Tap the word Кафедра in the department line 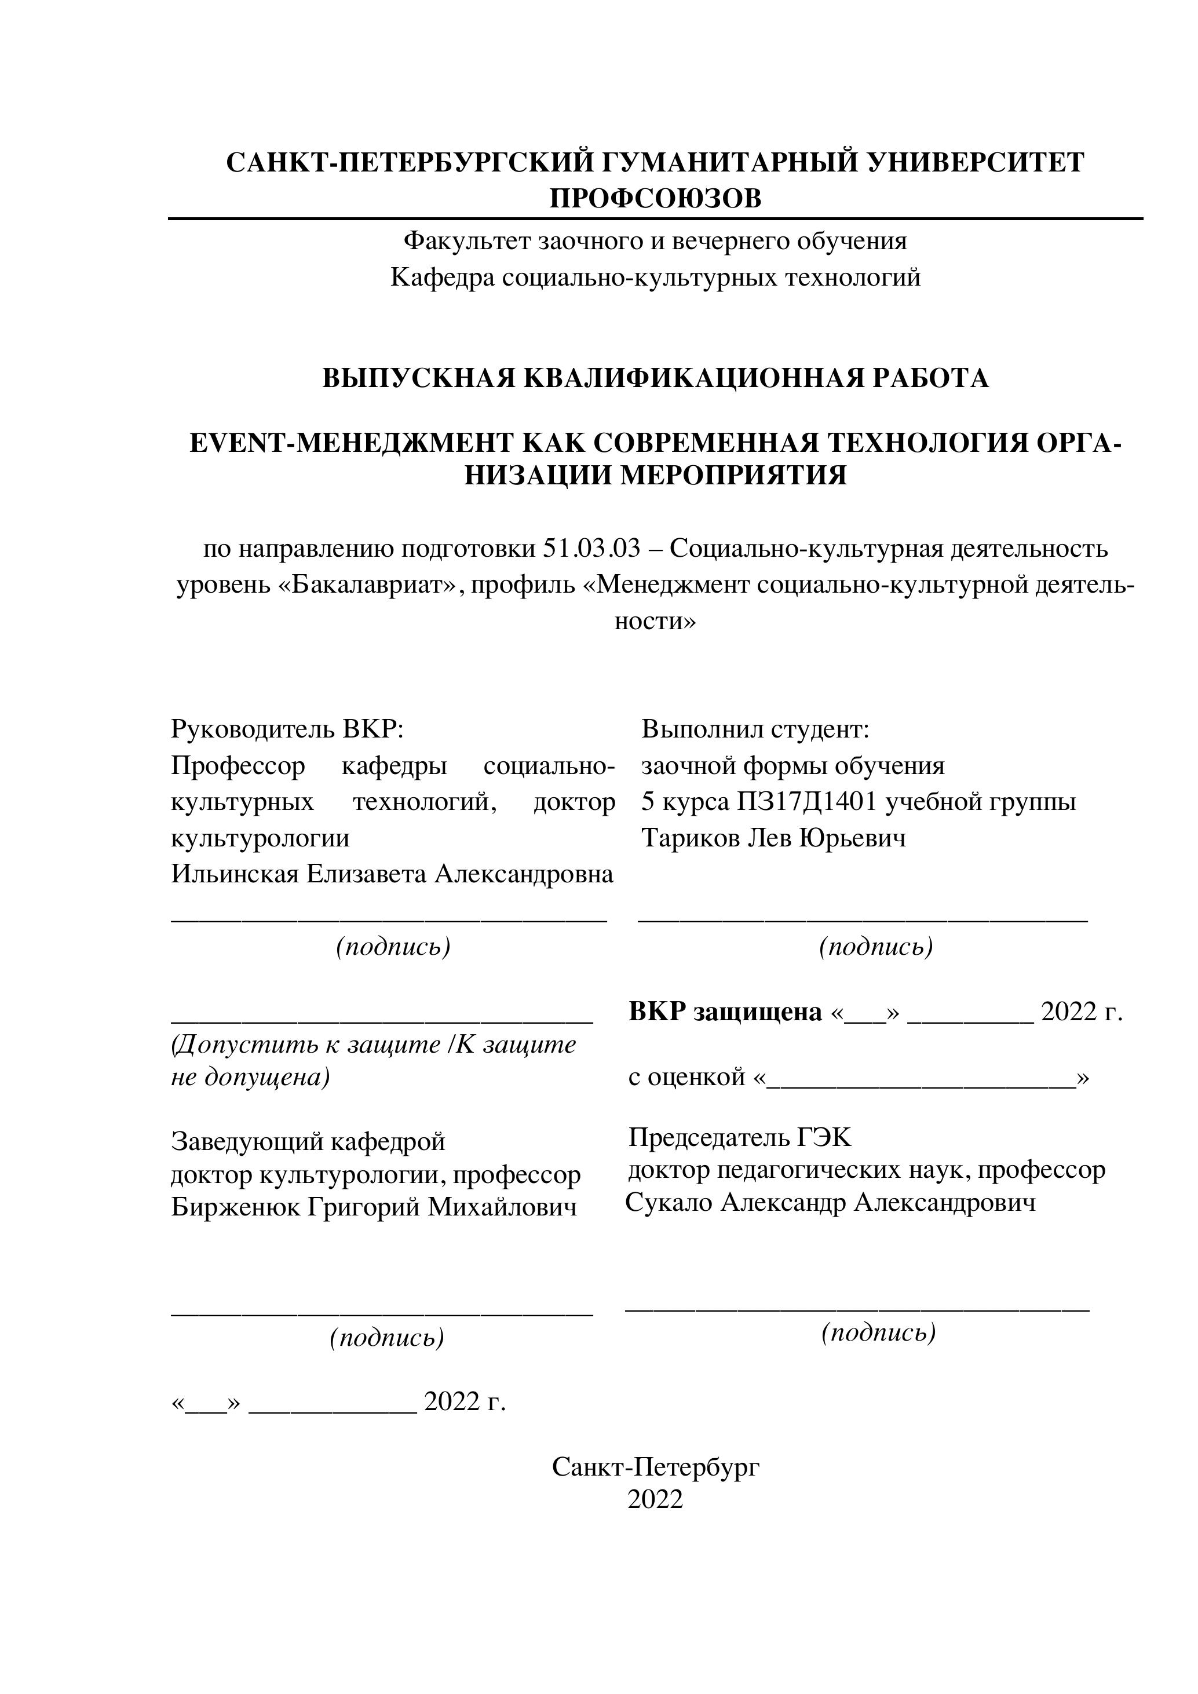tap(443, 278)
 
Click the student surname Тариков tap(691, 838)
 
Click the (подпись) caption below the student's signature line tap(876, 947)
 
